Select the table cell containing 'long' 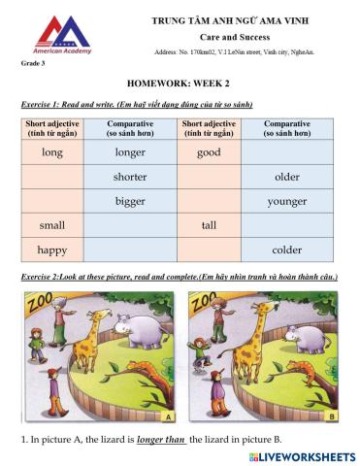click(x=52, y=152)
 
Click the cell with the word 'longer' click(x=130, y=152)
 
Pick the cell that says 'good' click(x=208, y=152)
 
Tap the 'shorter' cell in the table click(x=130, y=177)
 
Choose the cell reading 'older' click(x=287, y=177)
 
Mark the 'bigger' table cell click(x=130, y=201)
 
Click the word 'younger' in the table click(x=287, y=201)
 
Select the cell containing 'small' click(x=52, y=225)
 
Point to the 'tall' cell click(x=208, y=225)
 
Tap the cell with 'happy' click(x=52, y=250)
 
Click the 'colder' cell click(x=287, y=250)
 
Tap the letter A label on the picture click(x=167, y=417)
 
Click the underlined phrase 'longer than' click(x=161, y=440)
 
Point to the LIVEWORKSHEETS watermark click(x=301, y=455)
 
